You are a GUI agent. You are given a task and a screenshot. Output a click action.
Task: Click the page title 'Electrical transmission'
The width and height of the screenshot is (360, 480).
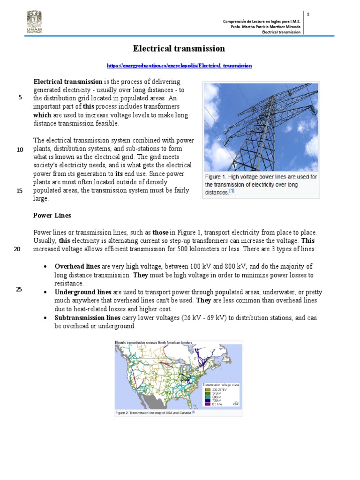[x=179, y=49]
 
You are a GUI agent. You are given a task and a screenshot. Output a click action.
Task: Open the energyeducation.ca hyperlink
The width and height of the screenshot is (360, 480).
[x=179, y=66]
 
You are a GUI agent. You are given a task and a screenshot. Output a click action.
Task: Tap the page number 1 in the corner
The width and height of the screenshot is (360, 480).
[x=308, y=15]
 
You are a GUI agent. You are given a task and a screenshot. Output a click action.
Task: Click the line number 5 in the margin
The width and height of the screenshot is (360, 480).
[x=20, y=97]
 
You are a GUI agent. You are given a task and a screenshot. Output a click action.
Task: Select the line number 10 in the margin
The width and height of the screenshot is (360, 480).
[x=20, y=150]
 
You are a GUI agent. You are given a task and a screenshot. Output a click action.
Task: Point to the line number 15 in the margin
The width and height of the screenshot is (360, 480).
[x=20, y=191]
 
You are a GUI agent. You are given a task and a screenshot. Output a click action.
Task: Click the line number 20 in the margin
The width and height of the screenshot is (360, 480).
[x=17, y=249]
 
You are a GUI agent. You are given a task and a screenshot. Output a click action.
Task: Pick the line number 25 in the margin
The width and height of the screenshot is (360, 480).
[x=19, y=289]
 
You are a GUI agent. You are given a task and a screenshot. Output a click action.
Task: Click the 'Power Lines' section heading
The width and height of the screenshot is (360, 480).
[x=52, y=216]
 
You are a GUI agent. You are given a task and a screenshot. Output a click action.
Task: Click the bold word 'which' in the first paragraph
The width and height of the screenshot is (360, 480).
[x=42, y=115]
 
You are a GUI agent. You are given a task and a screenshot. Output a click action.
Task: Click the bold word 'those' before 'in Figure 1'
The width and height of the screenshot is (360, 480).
[x=160, y=232]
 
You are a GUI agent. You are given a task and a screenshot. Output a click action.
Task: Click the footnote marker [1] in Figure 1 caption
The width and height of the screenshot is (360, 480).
[x=232, y=192]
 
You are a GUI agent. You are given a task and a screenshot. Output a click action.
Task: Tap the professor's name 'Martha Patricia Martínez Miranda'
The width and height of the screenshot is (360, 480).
[x=273, y=27]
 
